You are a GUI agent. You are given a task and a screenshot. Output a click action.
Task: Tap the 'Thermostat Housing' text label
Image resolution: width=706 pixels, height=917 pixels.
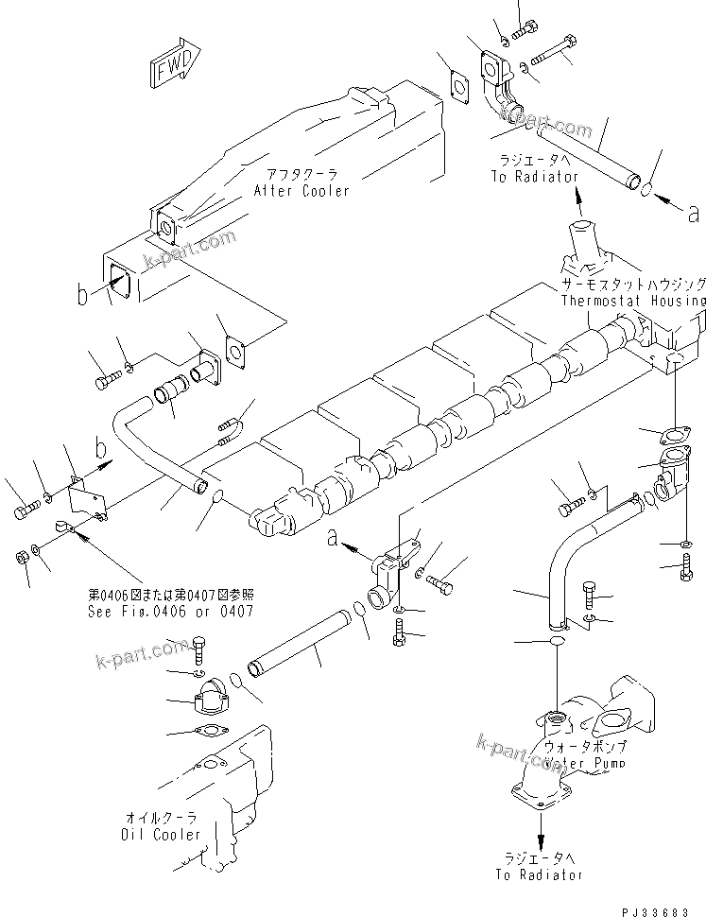point(632,301)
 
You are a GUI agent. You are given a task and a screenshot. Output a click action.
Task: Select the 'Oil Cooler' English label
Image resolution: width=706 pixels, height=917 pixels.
point(161,835)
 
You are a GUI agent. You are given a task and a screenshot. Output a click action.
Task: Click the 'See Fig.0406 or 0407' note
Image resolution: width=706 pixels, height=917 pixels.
point(170,611)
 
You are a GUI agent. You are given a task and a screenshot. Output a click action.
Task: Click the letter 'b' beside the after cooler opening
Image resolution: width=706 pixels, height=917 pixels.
point(84,296)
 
